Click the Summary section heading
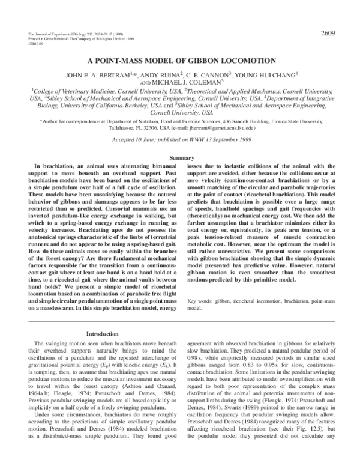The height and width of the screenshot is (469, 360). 180,157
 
